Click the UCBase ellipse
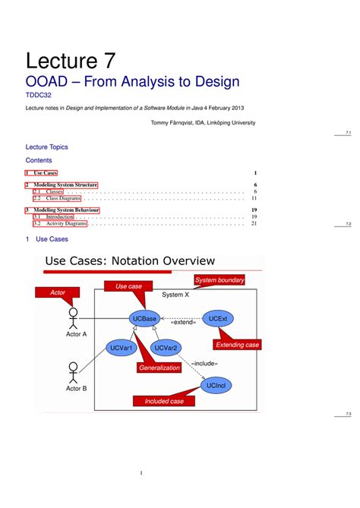pyautogui.click(x=144, y=319)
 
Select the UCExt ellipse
pyautogui.click(x=217, y=319)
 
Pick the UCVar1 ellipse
pyautogui.click(x=122, y=348)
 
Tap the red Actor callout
pyautogui.click(x=58, y=292)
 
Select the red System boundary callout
pyautogui.click(x=219, y=280)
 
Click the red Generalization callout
pyautogui.click(x=159, y=368)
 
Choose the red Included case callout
pyautogui.click(x=164, y=401)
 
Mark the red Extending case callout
pyautogui.click(x=237, y=345)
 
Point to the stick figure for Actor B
pyautogui.click(x=74, y=371)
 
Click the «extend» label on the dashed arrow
pyautogui.click(x=183, y=322)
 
